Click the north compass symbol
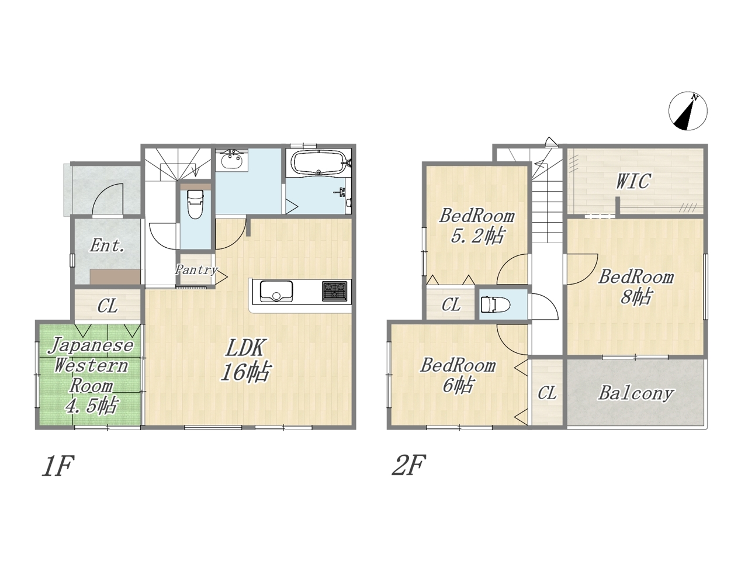click(x=688, y=110)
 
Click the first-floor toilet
click(x=195, y=204)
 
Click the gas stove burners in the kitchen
click(x=334, y=291)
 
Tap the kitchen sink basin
click(x=276, y=291)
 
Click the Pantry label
click(x=196, y=270)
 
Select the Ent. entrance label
click(x=107, y=245)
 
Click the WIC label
click(x=633, y=181)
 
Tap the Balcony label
click(x=636, y=394)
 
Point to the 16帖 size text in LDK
click(x=245, y=372)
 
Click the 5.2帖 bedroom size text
click(x=477, y=236)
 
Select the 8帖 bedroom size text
click(x=636, y=297)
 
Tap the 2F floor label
click(x=408, y=465)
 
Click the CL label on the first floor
click(x=108, y=306)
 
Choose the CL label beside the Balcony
click(x=548, y=392)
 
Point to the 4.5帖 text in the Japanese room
click(x=91, y=406)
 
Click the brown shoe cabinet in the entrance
click(x=115, y=276)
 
